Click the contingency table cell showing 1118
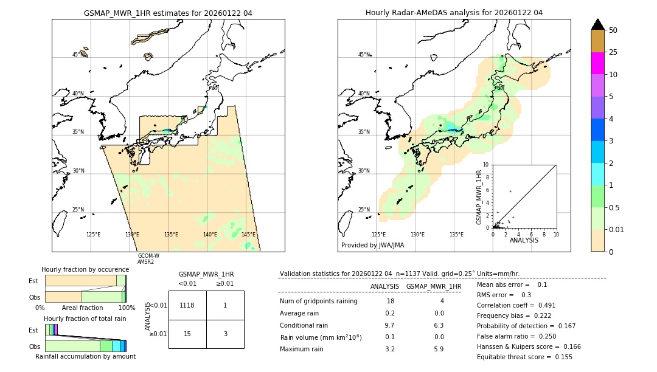coord(187,305)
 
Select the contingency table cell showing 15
coord(187,334)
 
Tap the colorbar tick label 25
coord(614,52)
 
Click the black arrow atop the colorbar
coord(598,24)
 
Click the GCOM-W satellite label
coord(148,256)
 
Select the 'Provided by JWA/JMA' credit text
coord(372,246)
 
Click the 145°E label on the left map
coord(248,235)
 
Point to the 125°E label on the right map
coord(378,235)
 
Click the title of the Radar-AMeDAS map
coord(454,13)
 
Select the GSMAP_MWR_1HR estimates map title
coord(168,13)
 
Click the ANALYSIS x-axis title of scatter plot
coord(524,240)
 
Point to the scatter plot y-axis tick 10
coord(485,164)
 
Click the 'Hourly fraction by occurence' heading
coord(85,269)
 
